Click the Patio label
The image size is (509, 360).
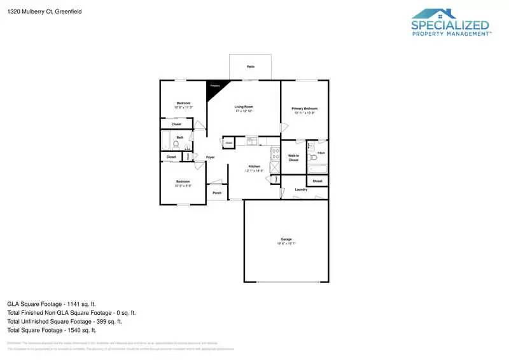point(250,66)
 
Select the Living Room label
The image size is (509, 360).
point(244,108)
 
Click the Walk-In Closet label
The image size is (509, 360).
point(293,158)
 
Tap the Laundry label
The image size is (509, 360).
point(302,190)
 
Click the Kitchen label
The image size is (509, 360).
point(254,168)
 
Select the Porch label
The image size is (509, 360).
point(217,193)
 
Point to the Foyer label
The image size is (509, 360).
point(210,156)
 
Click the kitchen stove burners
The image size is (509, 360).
point(275,153)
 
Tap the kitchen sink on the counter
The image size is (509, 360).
point(252,140)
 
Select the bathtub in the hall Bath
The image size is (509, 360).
point(164,141)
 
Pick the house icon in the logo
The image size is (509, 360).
point(434,13)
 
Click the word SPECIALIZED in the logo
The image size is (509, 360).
point(450,25)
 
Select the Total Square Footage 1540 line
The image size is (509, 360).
point(52,330)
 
